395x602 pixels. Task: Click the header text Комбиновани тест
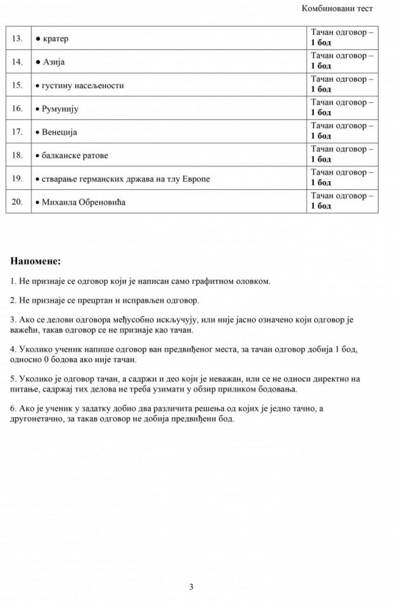337,8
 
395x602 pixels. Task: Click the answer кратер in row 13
55,39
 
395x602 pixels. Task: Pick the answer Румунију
60,109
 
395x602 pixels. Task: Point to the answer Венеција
59,132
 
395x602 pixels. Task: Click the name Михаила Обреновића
84,203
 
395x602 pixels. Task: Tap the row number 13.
17,39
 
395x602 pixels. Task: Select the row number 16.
17,109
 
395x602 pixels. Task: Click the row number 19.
17,179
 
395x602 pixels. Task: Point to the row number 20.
17,203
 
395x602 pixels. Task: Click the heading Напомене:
35,261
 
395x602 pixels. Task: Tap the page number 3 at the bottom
191,587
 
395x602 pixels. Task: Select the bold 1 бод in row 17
321,136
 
